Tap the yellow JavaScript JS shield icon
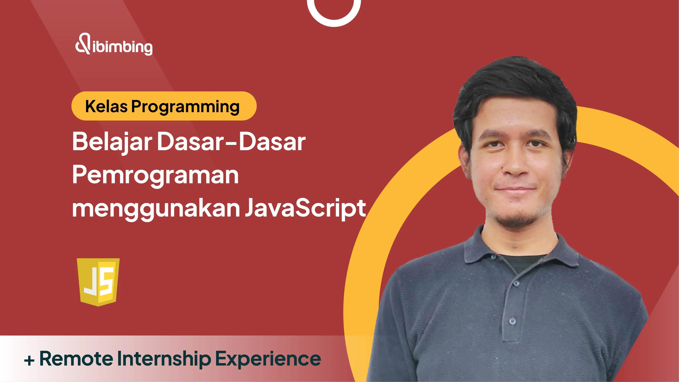(x=98, y=282)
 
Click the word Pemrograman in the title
(x=155, y=176)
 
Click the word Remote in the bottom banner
(x=76, y=359)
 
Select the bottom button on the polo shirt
(x=513, y=321)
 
